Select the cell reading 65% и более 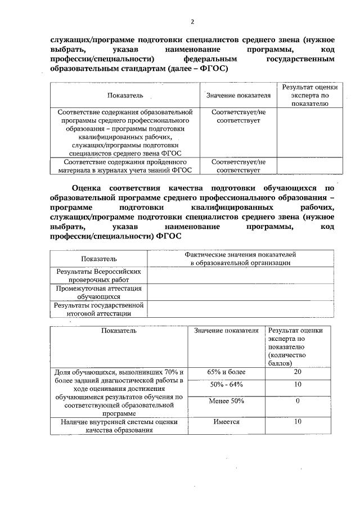pyautogui.click(x=226, y=372)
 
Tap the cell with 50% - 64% pyautogui.click(x=226, y=385)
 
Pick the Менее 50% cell pyautogui.click(x=226, y=401)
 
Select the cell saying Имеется pyautogui.click(x=226, y=422)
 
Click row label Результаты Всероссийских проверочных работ pyautogui.click(x=98, y=275)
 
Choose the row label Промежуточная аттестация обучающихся pyautogui.click(x=98, y=292)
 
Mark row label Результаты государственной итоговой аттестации pyautogui.click(x=98, y=309)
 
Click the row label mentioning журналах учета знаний pyautogui.click(x=125, y=165)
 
